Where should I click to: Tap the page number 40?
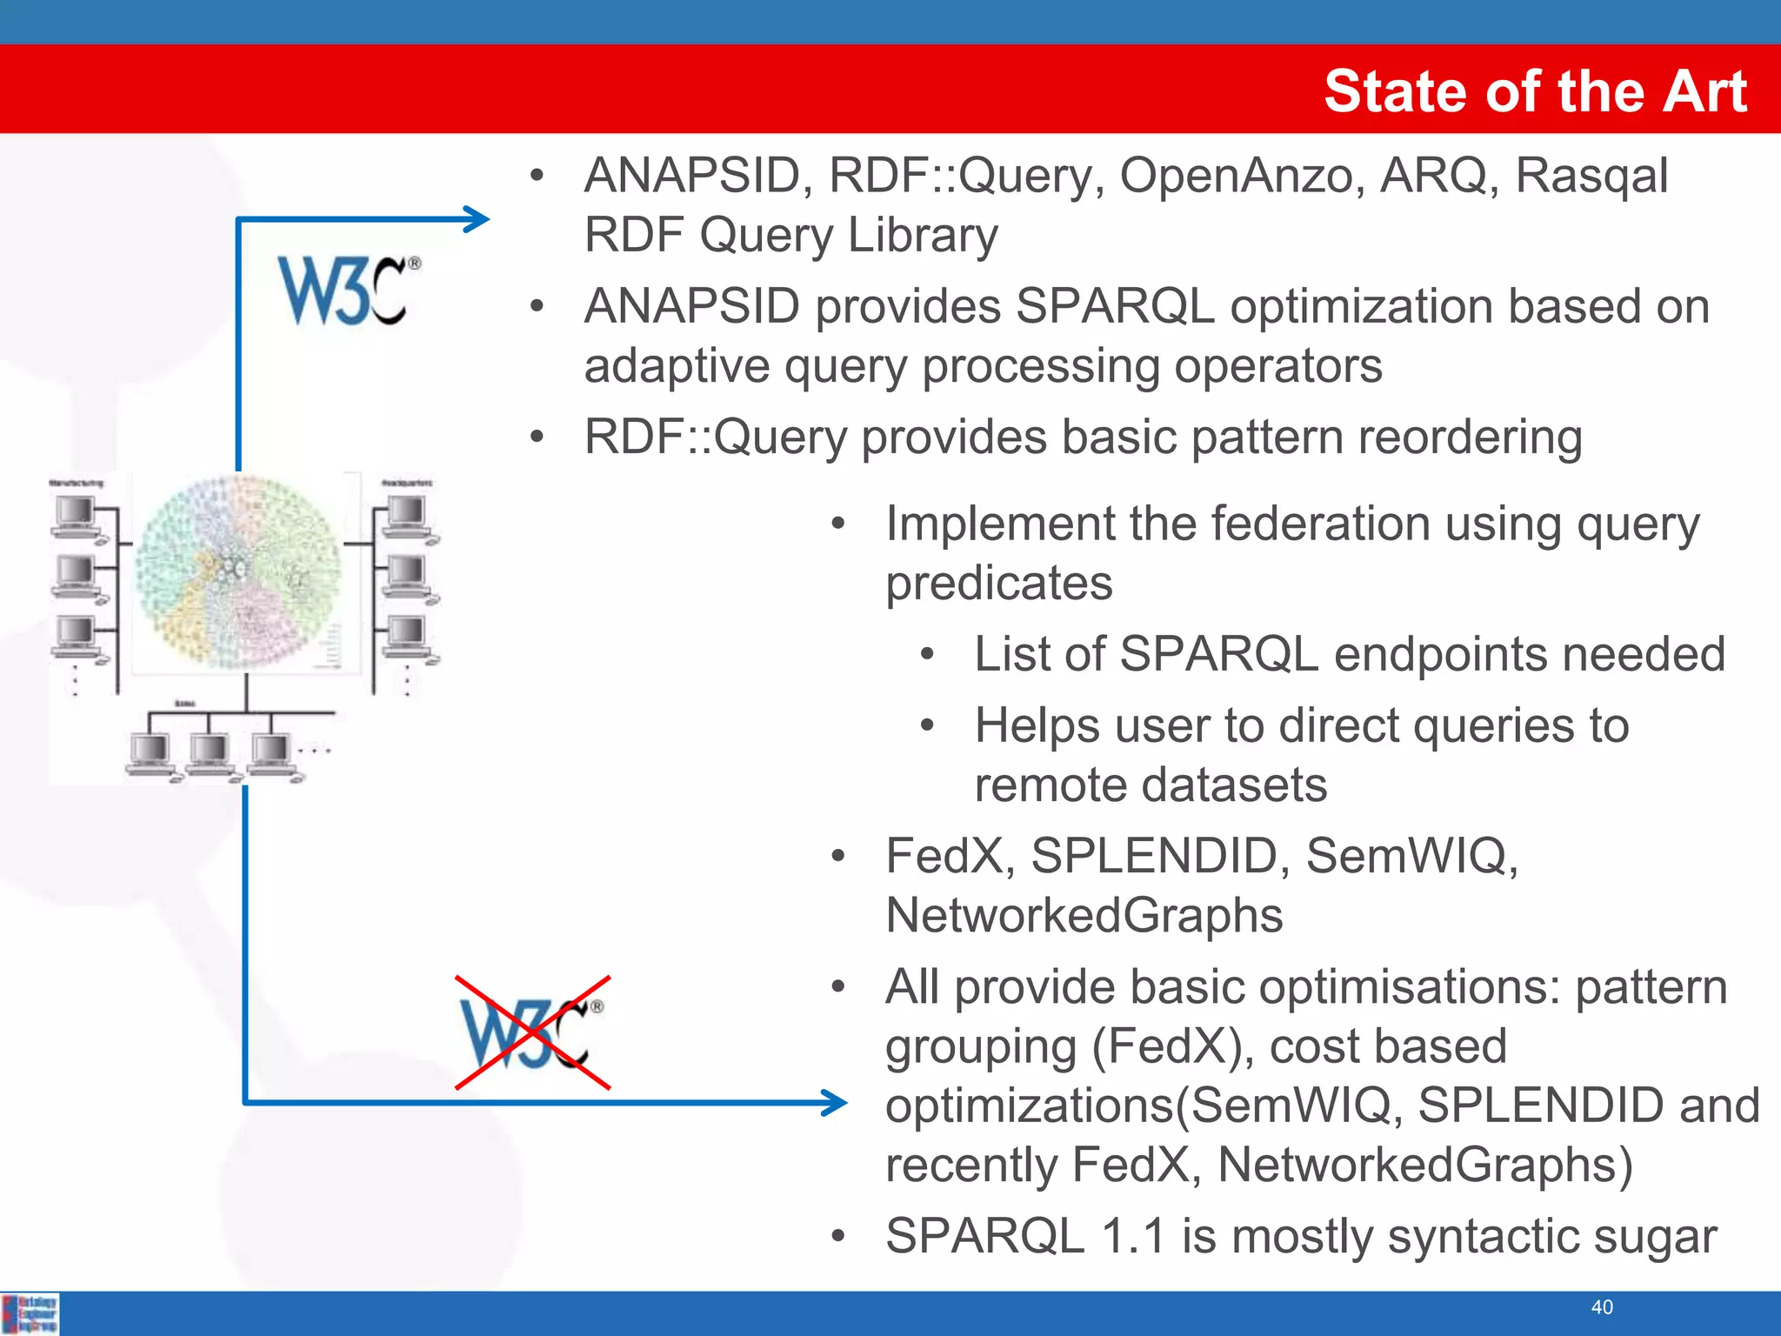[x=1602, y=1307]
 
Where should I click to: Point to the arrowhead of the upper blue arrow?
[x=478, y=219]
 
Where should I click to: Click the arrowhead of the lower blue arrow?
[x=836, y=1103]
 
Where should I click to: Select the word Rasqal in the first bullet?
[x=1591, y=175]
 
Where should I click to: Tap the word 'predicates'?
[x=998, y=583]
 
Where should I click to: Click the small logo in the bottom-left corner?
[x=30, y=1313]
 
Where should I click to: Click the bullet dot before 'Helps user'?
[x=928, y=725]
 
